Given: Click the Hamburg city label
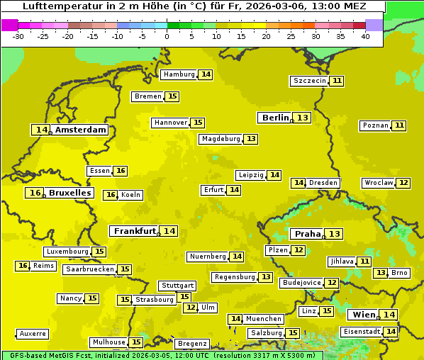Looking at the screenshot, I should pyautogui.click(x=179, y=74).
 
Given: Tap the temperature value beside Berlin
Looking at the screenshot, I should pyautogui.click(x=303, y=118).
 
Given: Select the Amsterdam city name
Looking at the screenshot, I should pyautogui.click(x=81, y=130).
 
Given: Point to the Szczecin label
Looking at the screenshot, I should pyautogui.click(x=310, y=81).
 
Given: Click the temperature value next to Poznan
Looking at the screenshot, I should pyautogui.click(x=400, y=125).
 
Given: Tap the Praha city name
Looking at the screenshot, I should pyautogui.click(x=308, y=234).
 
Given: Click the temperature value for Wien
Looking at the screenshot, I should pyautogui.click(x=389, y=315).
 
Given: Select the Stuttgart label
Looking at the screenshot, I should pyautogui.click(x=177, y=286).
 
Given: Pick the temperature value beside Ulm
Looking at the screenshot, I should pyautogui.click(x=190, y=308).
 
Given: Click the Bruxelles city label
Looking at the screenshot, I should pyautogui.click(x=69, y=193).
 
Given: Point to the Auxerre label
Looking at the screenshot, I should pyautogui.click(x=33, y=334).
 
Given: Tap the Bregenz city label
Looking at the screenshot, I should pyautogui.click(x=192, y=344).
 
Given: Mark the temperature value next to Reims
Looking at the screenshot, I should pyautogui.click(x=23, y=266).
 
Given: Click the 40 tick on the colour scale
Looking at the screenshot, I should pyautogui.click(x=365, y=36).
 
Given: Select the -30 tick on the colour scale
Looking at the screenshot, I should pyautogui.click(x=18, y=36).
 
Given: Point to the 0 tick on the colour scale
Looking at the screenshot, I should pyautogui.click(x=167, y=36).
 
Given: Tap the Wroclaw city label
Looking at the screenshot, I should pyautogui.click(x=379, y=183).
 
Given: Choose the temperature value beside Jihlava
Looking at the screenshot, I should pyautogui.click(x=364, y=261).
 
